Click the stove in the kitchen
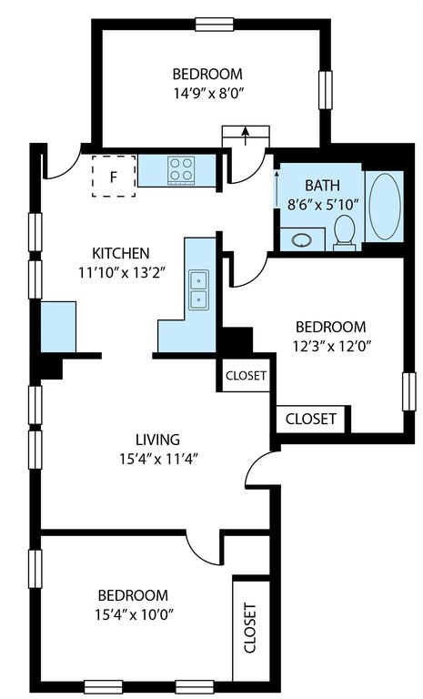click(181, 170)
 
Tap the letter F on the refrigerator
click(114, 177)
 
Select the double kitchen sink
click(199, 289)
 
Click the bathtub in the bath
click(385, 206)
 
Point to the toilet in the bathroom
click(345, 232)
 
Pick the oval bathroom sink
click(303, 240)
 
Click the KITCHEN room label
click(120, 253)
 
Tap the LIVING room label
click(157, 440)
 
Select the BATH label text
click(322, 185)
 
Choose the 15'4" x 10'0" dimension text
click(134, 614)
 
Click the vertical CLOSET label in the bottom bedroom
click(250, 628)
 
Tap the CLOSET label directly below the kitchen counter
click(246, 375)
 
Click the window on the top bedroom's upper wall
click(215, 24)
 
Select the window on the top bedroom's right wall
click(326, 89)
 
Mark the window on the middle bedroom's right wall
click(409, 391)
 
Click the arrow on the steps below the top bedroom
click(245, 136)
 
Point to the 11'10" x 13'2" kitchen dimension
click(123, 272)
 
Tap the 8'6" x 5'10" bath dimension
click(322, 205)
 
